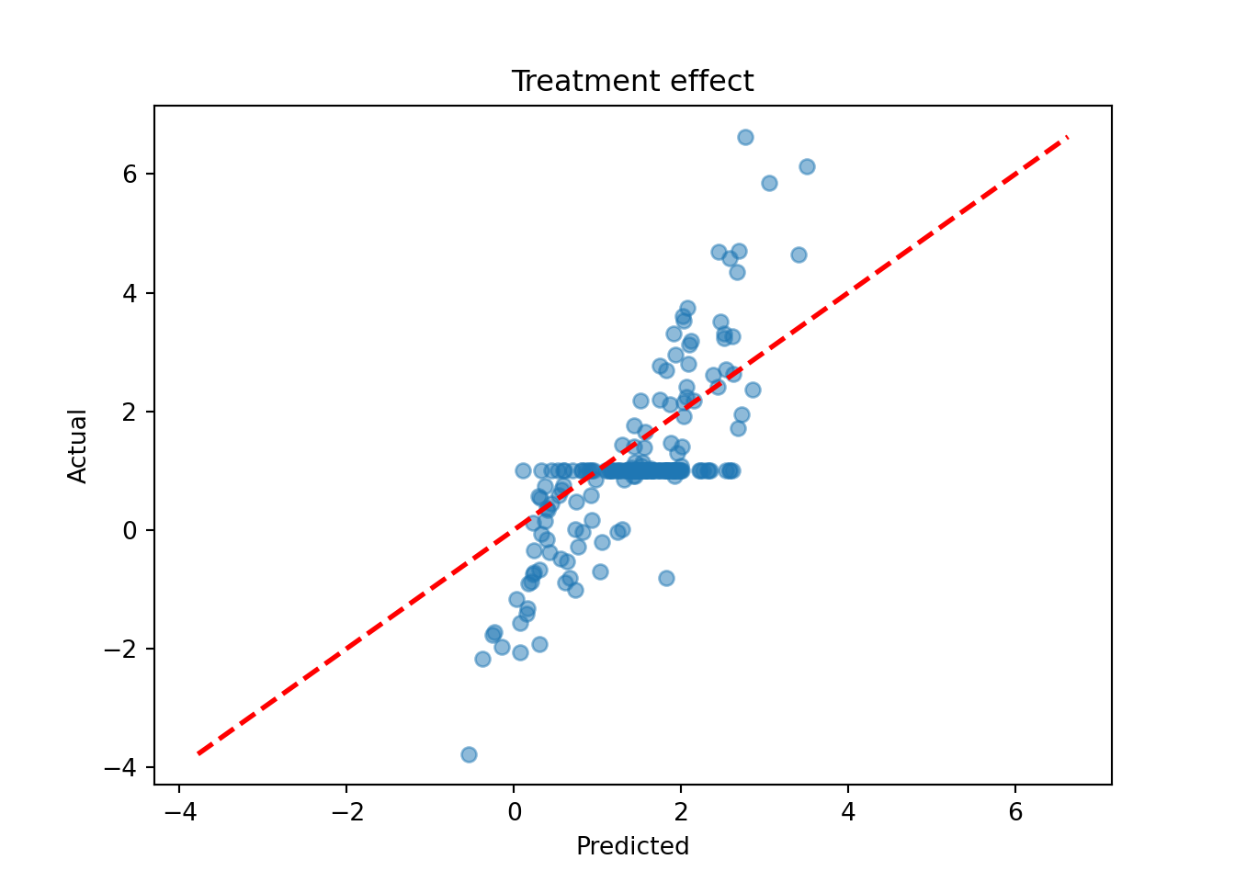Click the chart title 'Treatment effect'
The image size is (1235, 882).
[x=632, y=82]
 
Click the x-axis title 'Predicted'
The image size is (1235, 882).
[x=632, y=846]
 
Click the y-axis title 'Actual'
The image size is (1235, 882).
[x=77, y=446]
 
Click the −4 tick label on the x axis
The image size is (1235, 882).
[x=179, y=812]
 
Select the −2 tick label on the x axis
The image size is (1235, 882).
[x=346, y=812]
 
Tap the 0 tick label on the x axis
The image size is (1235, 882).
[x=514, y=812]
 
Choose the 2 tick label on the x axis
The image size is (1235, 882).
[x=681, y=812]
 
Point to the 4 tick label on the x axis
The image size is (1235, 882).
[x=848, y=812]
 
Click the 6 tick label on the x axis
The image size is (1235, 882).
[x=1015, y=812]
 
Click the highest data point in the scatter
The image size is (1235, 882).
[x=745, y=137]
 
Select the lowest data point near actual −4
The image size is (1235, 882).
[x=469, y=754]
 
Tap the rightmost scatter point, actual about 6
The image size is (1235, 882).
[x=807, y=166]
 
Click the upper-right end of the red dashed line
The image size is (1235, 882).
[x=1067, y=137]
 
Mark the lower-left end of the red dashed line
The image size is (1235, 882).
[x=197, y=754]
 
